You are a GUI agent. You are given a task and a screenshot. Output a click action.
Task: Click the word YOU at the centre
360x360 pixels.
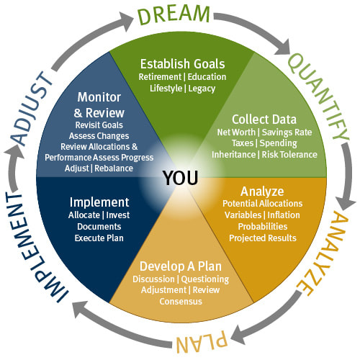[181, 178]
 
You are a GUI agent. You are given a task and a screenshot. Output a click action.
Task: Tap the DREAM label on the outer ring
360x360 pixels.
[174, 14]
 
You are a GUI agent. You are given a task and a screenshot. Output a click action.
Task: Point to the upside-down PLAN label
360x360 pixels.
[201, 341]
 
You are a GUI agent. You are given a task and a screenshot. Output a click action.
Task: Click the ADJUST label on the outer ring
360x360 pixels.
[32, 109]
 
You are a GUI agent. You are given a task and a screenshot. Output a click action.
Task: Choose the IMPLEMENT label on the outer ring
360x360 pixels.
[34, 246]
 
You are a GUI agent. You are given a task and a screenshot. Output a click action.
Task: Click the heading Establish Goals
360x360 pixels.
[183, 64]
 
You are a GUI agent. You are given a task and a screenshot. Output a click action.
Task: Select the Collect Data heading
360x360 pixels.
[264, 120]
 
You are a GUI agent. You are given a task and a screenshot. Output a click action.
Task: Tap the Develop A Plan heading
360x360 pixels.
[181, 266]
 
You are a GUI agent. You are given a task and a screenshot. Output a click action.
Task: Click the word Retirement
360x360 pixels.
[160, 77]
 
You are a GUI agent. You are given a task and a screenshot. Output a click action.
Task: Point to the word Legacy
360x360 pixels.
[202, 89]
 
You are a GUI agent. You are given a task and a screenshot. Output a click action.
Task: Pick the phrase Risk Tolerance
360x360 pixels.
[289, 155]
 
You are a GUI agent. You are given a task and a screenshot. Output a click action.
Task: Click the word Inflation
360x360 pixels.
[284, 215]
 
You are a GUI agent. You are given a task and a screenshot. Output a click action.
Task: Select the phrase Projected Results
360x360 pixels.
[263, 238]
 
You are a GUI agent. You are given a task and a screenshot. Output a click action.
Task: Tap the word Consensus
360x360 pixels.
[181, 302]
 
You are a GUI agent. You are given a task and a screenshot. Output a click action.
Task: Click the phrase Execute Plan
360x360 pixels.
[99, 238]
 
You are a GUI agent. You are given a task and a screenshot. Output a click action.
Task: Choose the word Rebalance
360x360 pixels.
[114, 168]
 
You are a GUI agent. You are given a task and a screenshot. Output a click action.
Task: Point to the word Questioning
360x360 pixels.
[205, 279]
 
